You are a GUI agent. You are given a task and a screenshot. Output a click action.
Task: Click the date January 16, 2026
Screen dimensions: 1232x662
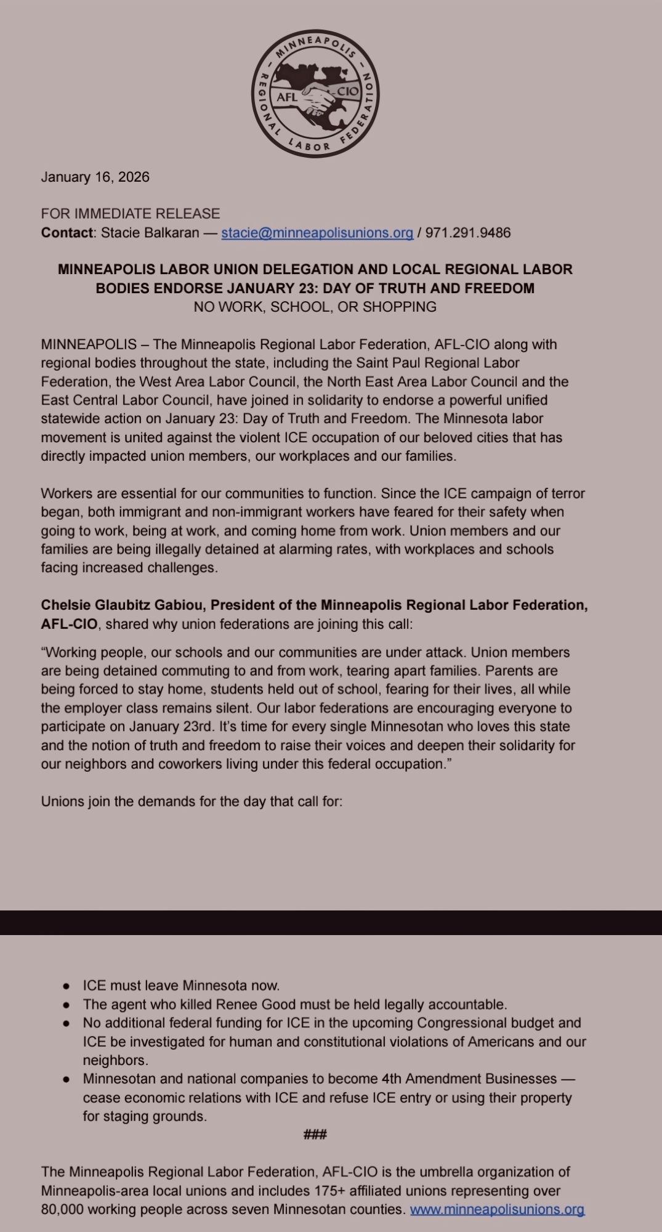[x=95, y=177]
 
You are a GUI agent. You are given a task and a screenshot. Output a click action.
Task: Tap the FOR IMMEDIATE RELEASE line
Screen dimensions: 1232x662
[x=130, y=214]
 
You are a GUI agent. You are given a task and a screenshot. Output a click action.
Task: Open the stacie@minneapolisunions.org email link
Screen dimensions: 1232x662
[x=317, y=233]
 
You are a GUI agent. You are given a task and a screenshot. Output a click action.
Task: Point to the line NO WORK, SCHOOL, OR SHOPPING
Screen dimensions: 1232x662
[x=315, y=307]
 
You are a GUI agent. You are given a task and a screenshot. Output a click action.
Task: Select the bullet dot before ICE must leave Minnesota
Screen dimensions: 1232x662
[x=66, y=986]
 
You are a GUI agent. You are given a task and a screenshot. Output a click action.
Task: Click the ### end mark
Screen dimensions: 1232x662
[x=315, y=1134]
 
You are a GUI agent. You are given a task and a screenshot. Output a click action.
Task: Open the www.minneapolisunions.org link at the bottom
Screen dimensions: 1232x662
[x=497, y=1209]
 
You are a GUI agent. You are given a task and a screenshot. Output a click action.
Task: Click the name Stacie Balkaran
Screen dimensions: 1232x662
[x=150, y=233]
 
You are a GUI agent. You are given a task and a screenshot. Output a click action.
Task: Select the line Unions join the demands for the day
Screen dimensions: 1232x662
[x=192, y=801]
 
